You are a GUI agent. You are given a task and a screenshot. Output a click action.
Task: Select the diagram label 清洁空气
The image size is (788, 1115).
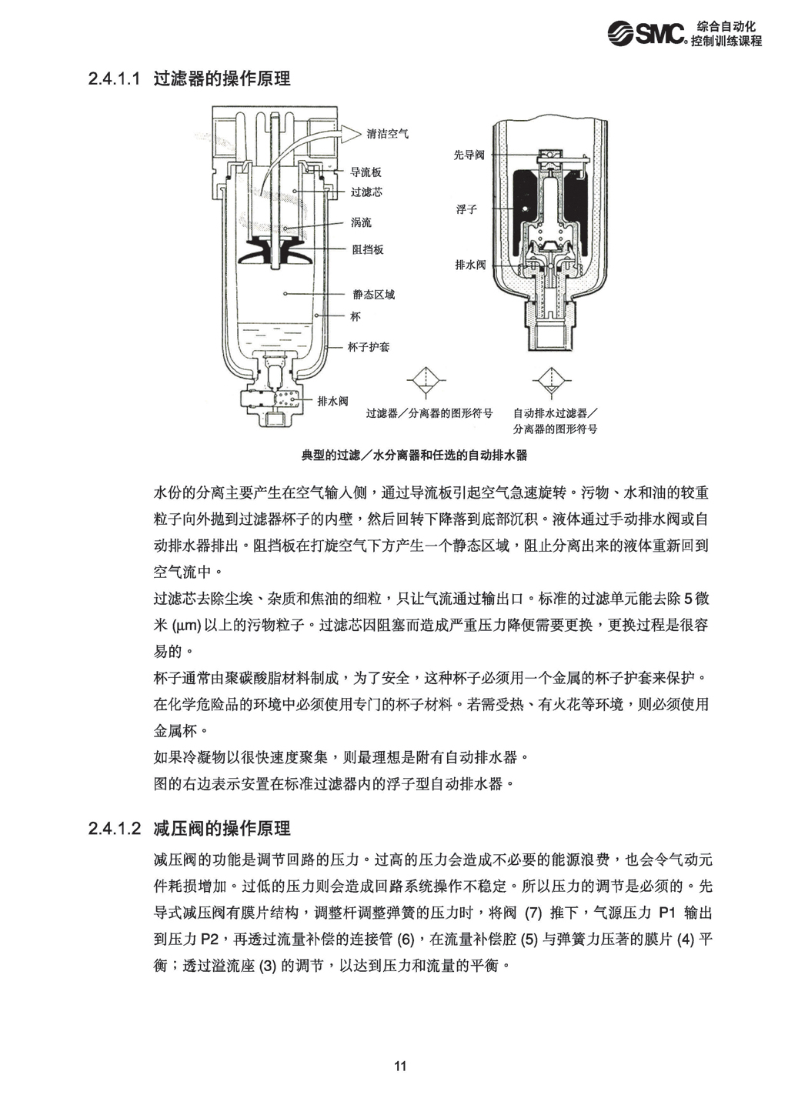pos(389,133)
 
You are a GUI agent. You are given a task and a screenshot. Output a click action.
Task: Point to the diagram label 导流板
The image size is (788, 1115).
pos(366,172)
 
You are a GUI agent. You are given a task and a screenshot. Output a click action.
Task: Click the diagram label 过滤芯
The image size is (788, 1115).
pos(366,192)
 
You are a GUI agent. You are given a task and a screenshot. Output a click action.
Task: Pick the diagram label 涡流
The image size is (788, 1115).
pos(361,222)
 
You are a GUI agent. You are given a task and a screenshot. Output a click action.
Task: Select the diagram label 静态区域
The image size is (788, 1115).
pos(373,294)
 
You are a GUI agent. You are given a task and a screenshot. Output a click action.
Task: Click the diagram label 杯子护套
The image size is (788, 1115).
pos(369,347)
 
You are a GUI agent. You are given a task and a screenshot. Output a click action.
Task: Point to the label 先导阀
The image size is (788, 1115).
pos(469,155)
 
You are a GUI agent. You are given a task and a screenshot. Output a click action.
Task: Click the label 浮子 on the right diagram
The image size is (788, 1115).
pos(466,209)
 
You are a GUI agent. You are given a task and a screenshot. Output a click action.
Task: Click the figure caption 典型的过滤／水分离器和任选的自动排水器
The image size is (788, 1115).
pos(414,456)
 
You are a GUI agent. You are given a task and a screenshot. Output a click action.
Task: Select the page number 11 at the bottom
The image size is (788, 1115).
pos(400,1067)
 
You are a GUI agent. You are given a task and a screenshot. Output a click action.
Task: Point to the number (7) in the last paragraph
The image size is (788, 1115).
pos(533,913)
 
